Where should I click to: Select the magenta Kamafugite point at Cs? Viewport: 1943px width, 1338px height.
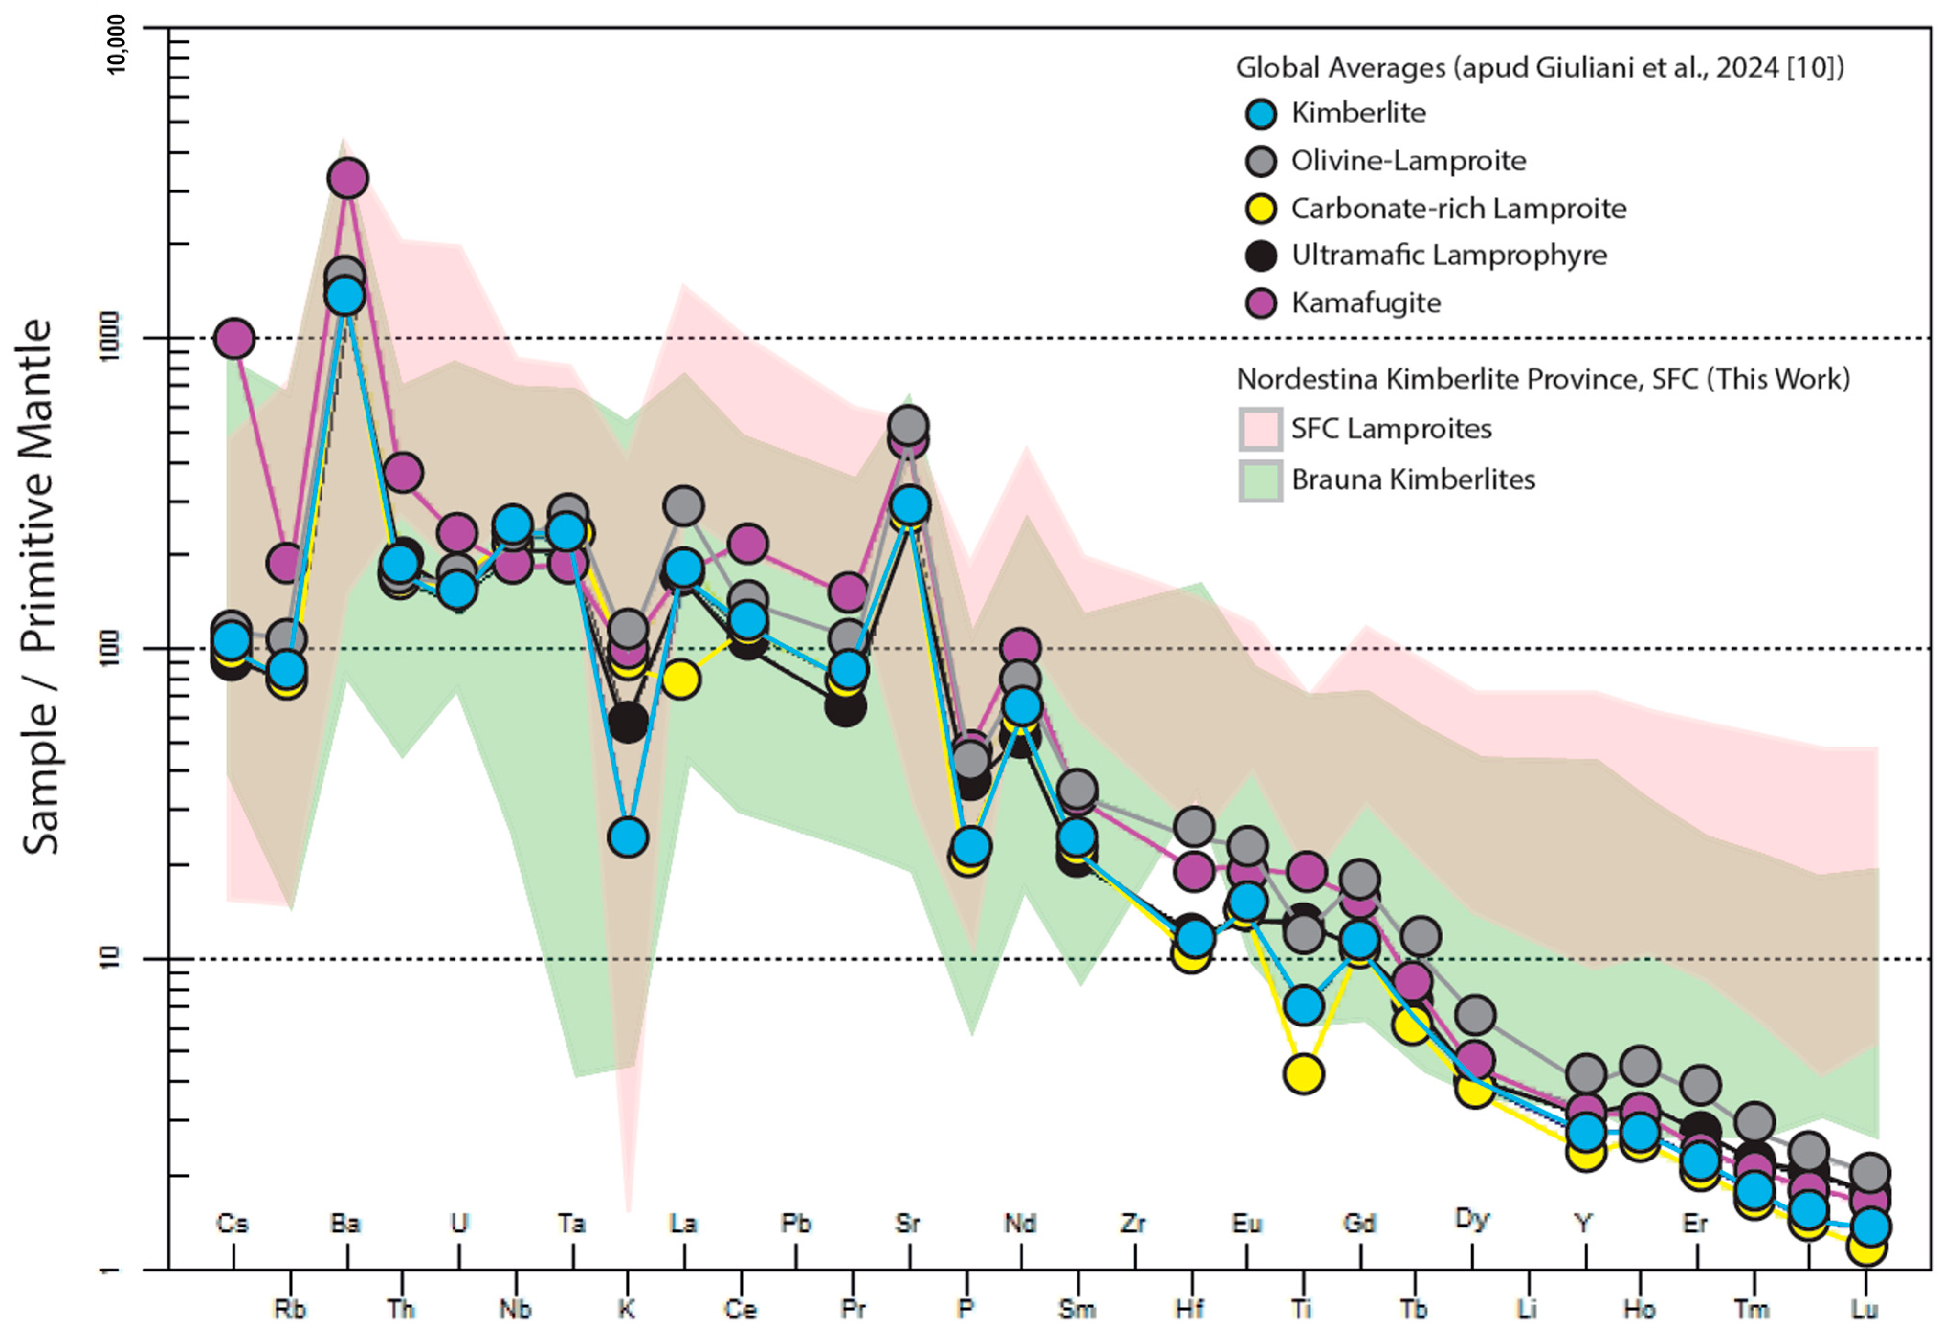(235, 339)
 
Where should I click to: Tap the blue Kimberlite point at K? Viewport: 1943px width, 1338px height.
(628, 836)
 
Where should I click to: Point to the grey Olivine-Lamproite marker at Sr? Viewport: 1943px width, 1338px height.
(909, 425)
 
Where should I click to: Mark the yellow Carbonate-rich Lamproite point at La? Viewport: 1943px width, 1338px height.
(681, 678)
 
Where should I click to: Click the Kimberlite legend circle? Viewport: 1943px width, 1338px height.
(1261, 113)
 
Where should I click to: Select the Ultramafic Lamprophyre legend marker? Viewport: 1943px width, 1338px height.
(1261, 256)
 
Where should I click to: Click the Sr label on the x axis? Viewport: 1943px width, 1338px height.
(908, 1223)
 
